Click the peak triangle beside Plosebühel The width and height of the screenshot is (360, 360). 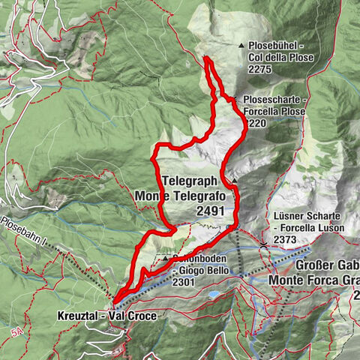pos(241,46)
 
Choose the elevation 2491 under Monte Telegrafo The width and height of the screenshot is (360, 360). pos(210,211)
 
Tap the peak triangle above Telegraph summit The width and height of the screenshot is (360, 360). pos(234,181)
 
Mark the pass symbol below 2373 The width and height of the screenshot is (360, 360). pos(264,245)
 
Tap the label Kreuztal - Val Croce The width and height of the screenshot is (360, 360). pos(107,316)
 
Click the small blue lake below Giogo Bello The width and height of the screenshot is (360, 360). pos(214,295)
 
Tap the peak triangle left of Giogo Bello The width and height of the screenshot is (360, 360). pos(165,259)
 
